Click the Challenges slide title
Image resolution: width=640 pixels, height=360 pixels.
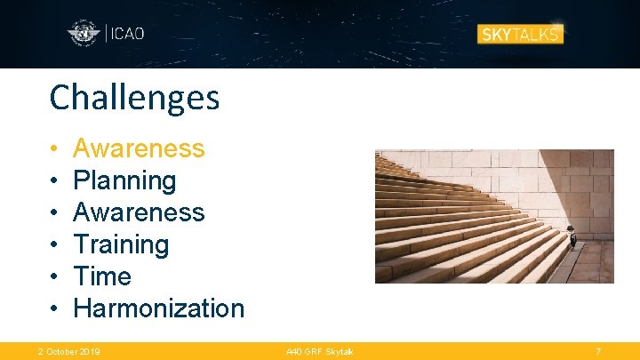tap(134, 98)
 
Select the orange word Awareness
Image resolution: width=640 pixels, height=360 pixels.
tap(139, 148)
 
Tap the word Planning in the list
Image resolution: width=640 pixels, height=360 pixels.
tap(124, 180)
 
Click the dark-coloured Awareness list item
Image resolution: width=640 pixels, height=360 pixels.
tap(139, 212)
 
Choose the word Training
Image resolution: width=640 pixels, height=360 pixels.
tap(121, 244)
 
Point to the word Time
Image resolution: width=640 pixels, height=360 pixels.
tap(102, 276)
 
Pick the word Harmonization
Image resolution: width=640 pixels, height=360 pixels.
tap(158, 308)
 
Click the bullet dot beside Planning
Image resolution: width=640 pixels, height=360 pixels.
tap(54, 181)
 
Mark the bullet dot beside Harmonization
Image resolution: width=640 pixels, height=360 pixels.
tap(54, 309)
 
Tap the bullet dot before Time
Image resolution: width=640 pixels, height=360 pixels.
tap(54, 277)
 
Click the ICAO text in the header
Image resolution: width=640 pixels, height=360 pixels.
tap(125, 34)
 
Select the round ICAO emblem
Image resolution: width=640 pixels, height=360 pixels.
tap(84, 35)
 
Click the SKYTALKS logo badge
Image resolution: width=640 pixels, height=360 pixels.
tap(520, 34)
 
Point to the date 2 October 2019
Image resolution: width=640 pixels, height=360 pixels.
tap(68, 352)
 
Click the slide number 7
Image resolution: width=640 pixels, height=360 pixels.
tap(598, 352)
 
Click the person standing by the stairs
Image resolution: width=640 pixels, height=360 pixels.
tap(572, 238)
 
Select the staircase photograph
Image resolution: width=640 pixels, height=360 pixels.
tap(493, 216)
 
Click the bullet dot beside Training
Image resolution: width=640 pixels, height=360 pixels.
tap(54, 245)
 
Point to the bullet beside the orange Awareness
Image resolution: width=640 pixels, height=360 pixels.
tap(54, 149)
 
